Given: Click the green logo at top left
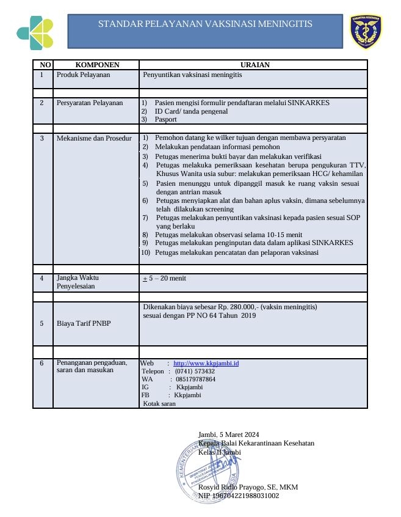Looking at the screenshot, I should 35,31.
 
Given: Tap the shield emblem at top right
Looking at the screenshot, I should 366,31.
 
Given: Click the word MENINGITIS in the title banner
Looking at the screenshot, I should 284,24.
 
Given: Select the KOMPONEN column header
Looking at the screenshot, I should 97,65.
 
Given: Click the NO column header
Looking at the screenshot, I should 45,65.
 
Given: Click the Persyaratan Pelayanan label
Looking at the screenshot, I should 90,103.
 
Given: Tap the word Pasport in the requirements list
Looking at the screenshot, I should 165,120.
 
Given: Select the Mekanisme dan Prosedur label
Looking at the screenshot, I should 94,138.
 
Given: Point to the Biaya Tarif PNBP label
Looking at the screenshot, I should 80,323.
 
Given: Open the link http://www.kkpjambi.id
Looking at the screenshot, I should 206,363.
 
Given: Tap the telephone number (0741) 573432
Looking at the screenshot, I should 195,371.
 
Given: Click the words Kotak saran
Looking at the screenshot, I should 159,403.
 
